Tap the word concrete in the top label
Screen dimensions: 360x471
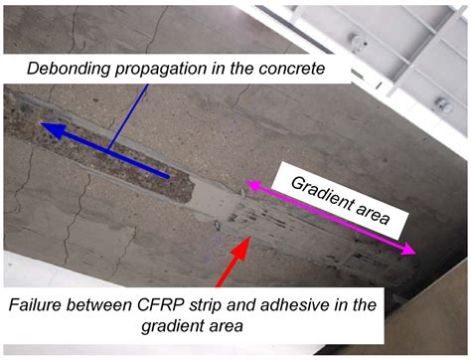[x=294, y=69]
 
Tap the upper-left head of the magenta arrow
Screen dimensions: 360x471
[x=248, y=183]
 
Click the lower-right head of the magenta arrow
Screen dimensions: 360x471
[x=414, y=255]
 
